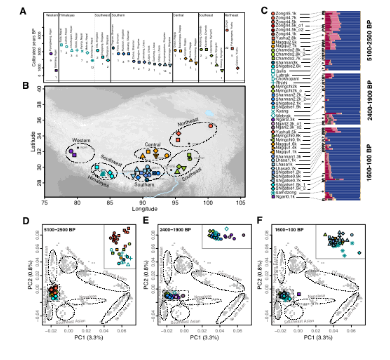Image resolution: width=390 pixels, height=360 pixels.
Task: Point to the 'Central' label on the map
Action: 152,144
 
